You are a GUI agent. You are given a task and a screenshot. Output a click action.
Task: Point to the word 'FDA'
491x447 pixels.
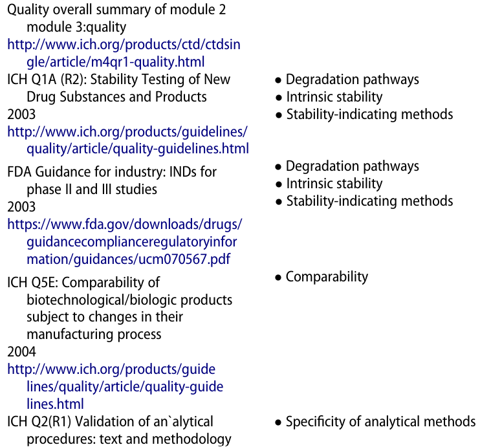click(19, 173)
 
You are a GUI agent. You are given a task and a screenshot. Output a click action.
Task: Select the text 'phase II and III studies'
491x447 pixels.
click(92, 190)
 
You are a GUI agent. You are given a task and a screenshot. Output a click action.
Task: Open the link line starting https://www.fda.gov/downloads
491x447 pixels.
click(124, 225)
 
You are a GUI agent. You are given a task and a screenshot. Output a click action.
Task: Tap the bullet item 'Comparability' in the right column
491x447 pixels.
click(327, 277)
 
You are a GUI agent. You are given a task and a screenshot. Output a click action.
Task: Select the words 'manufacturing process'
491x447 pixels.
click(94, 335)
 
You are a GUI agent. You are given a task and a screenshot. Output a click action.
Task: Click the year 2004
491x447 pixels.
click(21, 353)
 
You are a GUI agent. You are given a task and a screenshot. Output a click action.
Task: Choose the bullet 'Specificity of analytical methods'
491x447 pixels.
click(380, 422)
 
